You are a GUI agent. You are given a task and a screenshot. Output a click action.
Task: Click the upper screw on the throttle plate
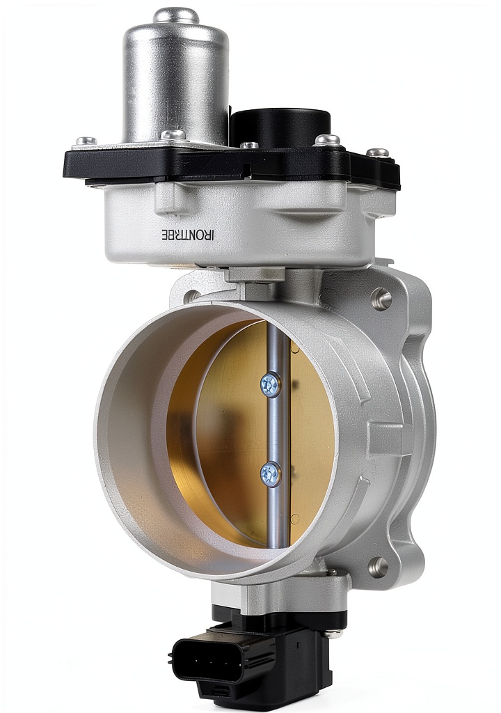[x=271, y=384]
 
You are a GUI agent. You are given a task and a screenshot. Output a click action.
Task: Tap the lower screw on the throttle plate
[x=271, y=473]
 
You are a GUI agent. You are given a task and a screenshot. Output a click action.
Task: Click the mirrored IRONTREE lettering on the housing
[x=188, y=235]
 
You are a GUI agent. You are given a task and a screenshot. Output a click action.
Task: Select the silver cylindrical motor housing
[x=175, y=77]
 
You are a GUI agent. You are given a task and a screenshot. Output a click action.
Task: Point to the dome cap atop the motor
[x=176, y=15]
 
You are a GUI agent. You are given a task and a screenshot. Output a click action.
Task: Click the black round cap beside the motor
[x=280, y=126]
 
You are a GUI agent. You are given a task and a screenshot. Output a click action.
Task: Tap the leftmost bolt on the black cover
[x=86, y=141]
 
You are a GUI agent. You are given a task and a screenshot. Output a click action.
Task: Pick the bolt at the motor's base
[x=173, y=135]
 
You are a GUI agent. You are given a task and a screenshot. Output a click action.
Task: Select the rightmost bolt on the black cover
[x=378, y=153]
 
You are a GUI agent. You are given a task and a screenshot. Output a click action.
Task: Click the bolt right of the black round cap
[x=328, y=139]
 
